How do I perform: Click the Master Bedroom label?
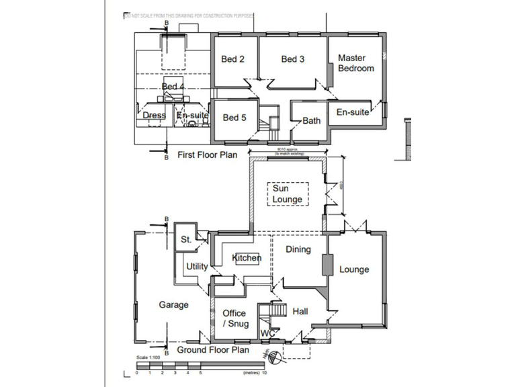point(355,63)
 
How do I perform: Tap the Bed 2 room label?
point(232,59)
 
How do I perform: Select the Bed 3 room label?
point(293,59)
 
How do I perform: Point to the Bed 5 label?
point(234,118)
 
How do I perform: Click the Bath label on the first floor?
point(312,121)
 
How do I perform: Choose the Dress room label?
point(155,116)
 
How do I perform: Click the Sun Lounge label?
point(287,194)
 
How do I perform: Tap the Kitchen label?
point(247,258)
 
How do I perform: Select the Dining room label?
point(298,250)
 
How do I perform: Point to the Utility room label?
point(197,267)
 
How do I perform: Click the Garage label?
point(173,304)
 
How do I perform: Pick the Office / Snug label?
point(234,318)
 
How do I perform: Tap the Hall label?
point(300,311)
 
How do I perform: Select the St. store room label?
point(186,239)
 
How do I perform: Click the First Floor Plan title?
point(208,155)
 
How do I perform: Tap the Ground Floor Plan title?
point(213,350)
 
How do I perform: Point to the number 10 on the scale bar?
point(265,372)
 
